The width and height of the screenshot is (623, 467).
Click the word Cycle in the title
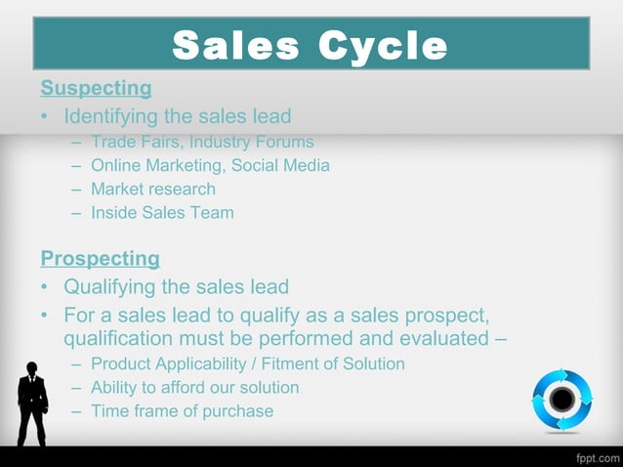coord(382,45)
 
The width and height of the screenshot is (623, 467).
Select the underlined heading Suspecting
coord(96,89)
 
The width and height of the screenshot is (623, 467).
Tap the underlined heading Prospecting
coord(100,259)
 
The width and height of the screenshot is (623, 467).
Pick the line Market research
coord(153,189)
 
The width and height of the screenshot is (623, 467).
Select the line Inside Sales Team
coord(162,212)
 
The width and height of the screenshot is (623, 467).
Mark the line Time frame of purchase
coord(182,411)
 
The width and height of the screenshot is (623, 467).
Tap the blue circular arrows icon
coord(561,399)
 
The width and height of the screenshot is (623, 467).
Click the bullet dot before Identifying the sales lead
coord(45,118)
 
